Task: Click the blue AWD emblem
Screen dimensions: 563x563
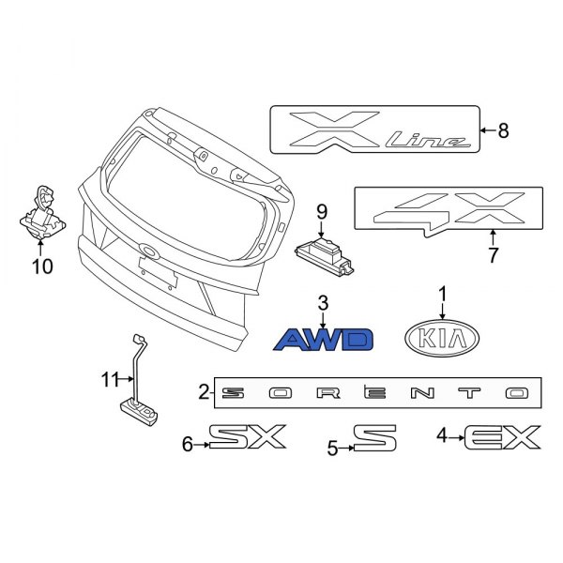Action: coord(323,339)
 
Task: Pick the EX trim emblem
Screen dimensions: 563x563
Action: coord(502,437)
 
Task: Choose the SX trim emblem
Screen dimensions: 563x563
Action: coord(246,437)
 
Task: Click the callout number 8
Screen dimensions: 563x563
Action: coord(503,131)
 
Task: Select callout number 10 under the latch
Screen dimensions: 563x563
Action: coord(42,267)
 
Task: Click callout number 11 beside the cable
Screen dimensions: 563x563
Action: coord(112,379)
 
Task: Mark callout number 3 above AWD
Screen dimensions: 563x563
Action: coord(322,302)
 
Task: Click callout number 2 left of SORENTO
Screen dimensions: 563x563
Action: coord(204,392)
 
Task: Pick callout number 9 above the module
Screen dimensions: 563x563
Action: coord(320,210)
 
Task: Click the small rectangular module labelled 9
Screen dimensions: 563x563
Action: coord(327,253)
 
